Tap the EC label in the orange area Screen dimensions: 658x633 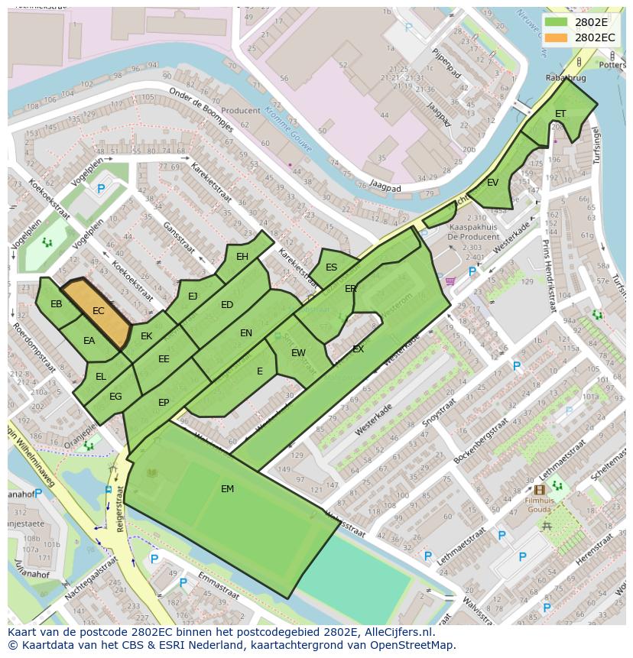[x=98, y=311]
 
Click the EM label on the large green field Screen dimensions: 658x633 [x=227, y=489]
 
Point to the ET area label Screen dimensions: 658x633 [x=560, y=114]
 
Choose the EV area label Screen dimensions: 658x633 [x=492, y=183]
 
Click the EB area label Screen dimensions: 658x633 [x=56, y=304]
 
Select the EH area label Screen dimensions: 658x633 [x=242, y=257]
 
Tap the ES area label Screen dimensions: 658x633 [x=331, y=267]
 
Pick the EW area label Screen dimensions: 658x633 [x=298, y=353]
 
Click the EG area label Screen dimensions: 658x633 [x=115, y=397]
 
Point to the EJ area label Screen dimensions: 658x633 [x=193, y=297]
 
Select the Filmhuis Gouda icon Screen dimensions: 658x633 [x=540, y=490]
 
